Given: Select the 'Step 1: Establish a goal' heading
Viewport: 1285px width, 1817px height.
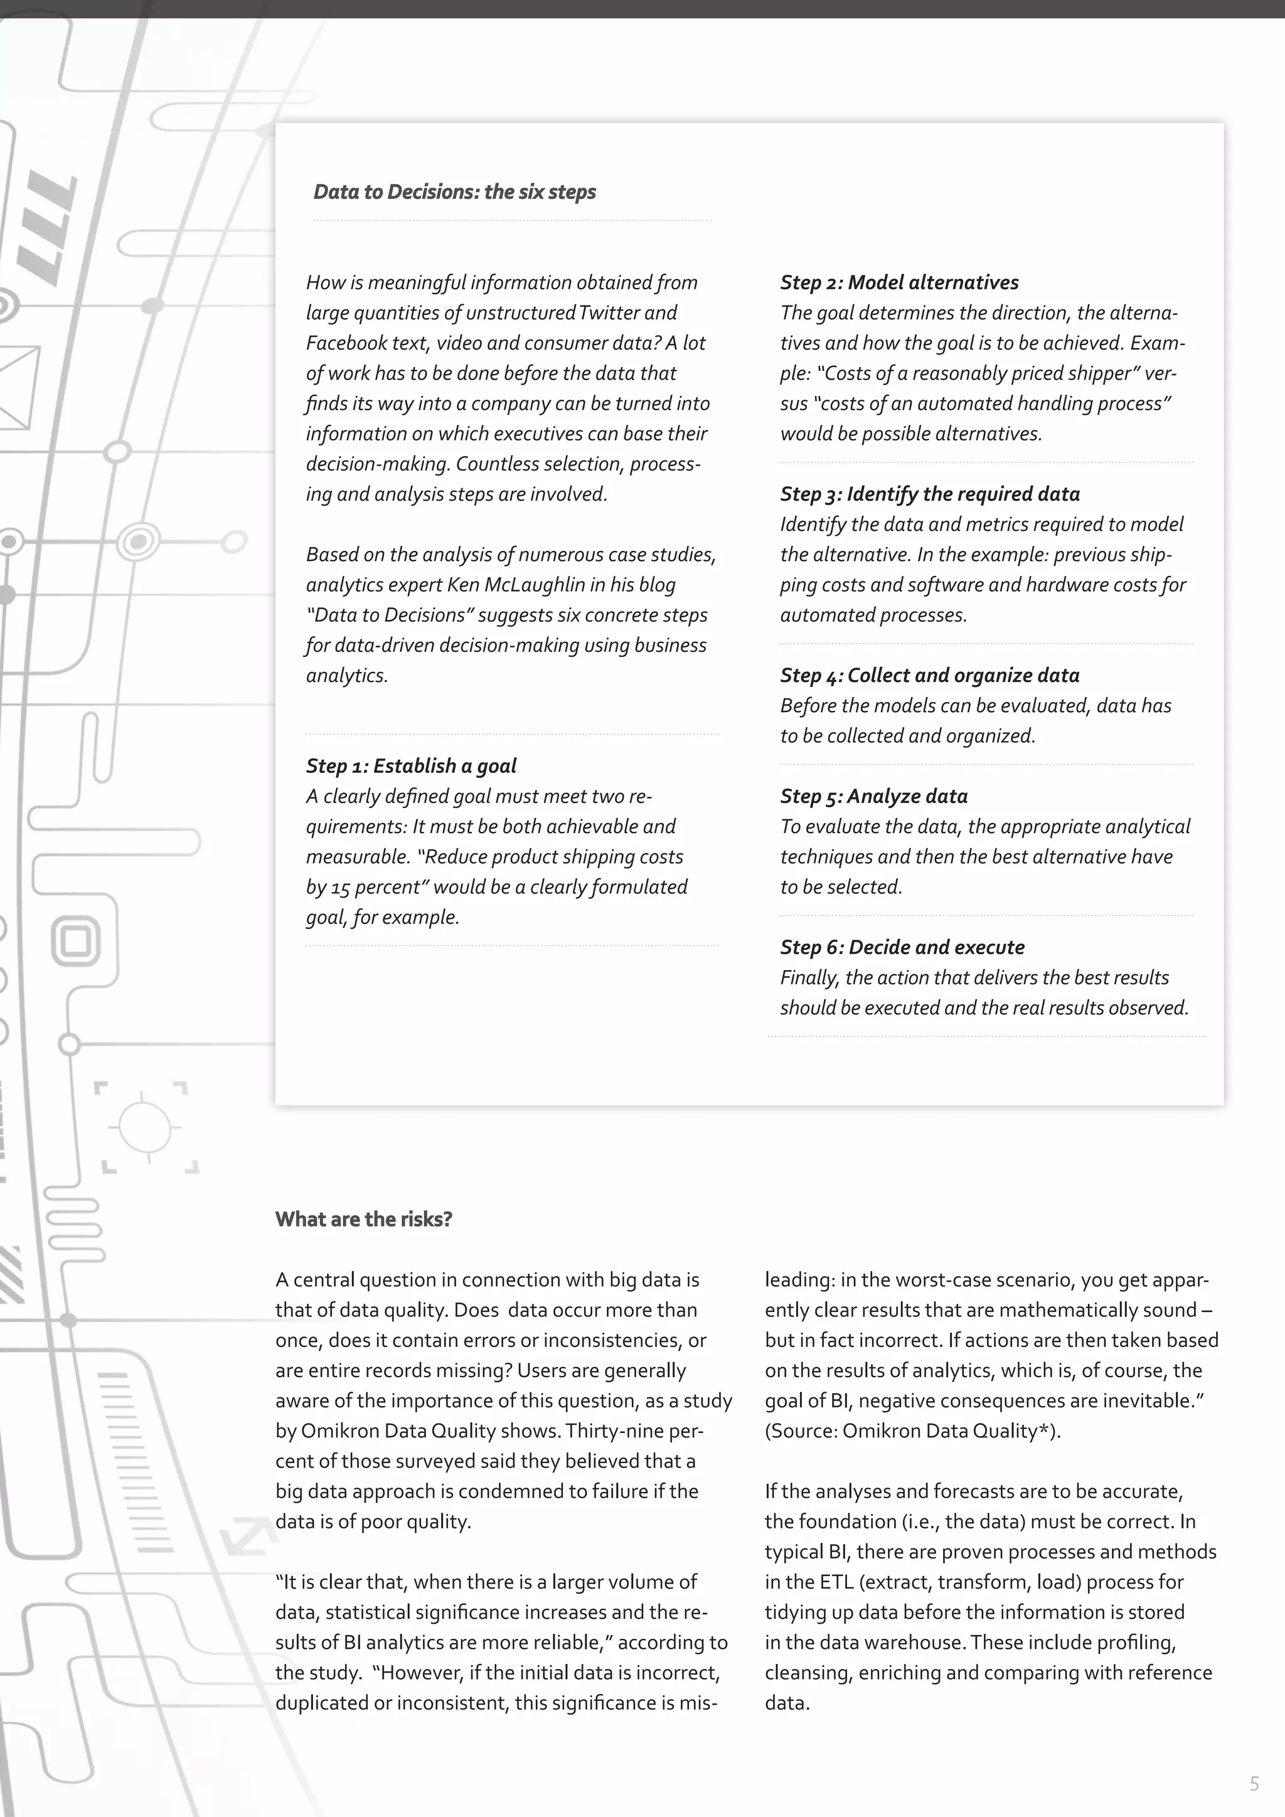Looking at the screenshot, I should coord(411,766).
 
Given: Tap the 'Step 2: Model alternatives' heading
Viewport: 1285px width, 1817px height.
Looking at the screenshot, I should coord(899,282).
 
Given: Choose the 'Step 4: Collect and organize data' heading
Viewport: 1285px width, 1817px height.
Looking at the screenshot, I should coord(929,675).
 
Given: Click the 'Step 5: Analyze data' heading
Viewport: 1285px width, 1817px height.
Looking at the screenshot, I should coord(873,796).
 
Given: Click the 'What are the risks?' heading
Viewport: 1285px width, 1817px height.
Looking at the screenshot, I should coord(363,1218).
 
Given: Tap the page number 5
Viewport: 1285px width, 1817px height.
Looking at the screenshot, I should coord(1254,1784).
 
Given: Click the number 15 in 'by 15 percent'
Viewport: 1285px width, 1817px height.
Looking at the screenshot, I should coord(340,888).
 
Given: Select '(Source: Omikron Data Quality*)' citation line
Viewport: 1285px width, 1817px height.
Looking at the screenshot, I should coord(912,1431).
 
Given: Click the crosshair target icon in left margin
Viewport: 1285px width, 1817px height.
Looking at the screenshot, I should coord(145,1126).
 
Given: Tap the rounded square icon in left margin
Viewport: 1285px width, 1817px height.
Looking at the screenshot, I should coord(76,942).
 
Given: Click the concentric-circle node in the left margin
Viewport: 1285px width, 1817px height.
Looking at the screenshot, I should coord(139,541).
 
